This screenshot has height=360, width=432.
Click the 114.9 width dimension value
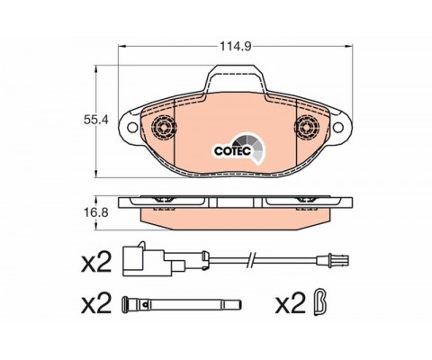pos(235,46)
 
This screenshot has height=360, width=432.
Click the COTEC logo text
pos(232,151)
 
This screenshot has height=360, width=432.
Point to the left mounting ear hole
pos(132,127)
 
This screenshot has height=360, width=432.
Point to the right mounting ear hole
pos(337,127)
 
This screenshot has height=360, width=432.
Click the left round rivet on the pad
pos(164,127)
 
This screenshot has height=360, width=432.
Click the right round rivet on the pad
pos(306,127)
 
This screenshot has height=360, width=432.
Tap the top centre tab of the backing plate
pos(235,77)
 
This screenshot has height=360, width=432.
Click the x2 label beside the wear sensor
pos(96,262)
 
